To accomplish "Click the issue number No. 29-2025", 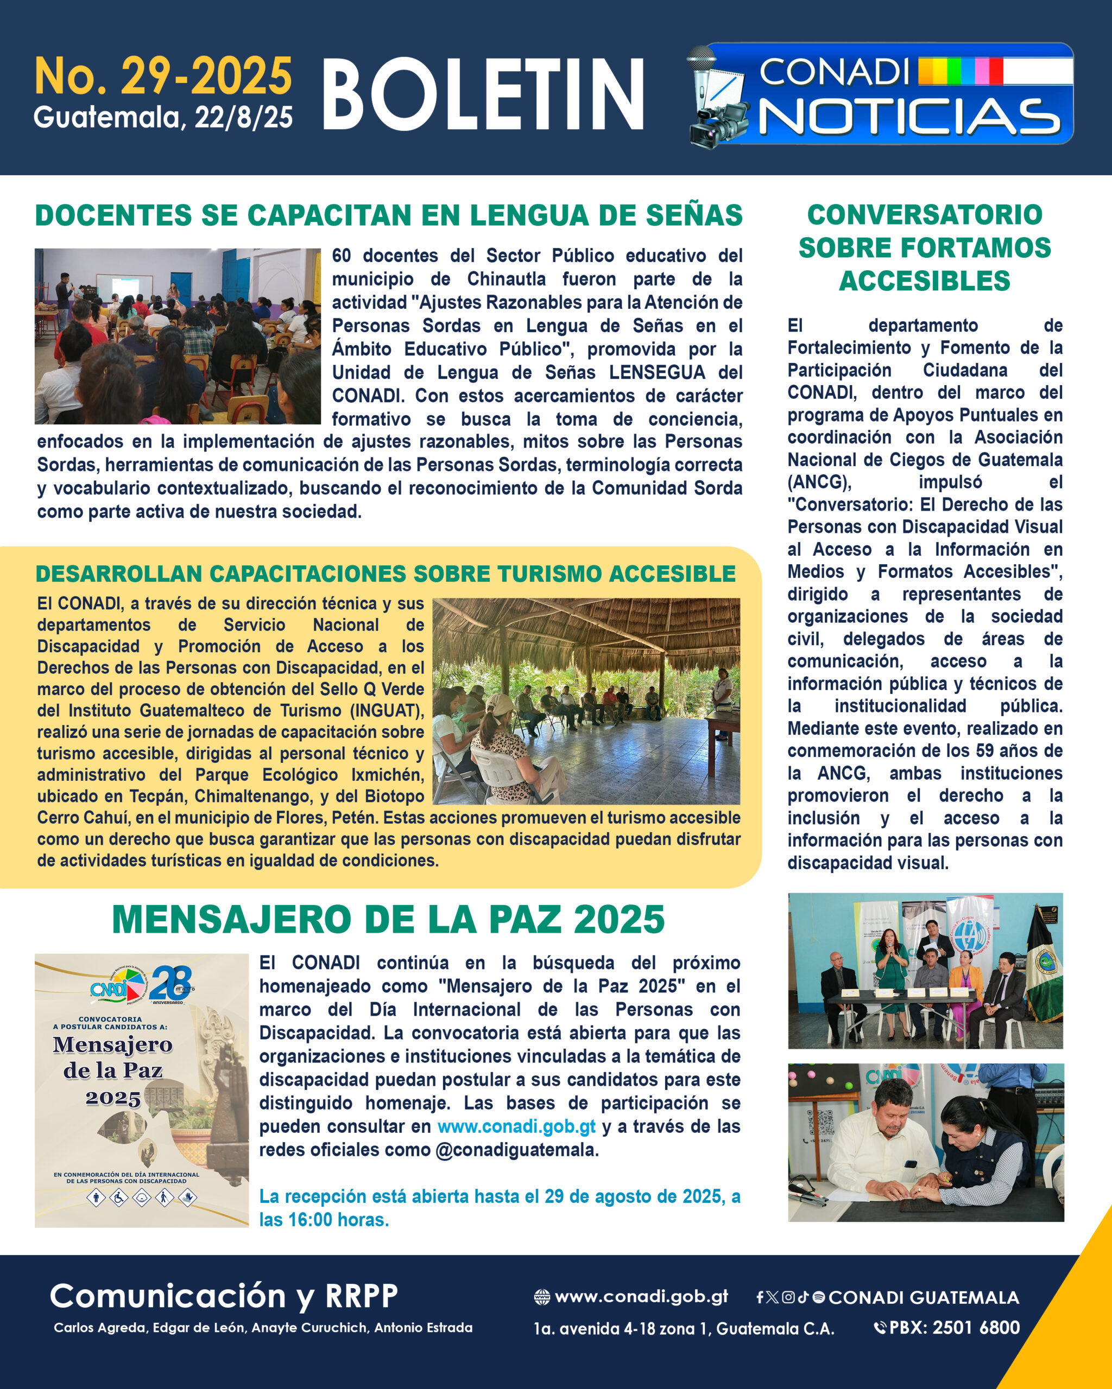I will point(163,76).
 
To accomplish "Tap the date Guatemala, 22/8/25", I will point(163,117).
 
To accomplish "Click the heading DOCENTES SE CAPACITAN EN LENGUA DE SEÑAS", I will point(389,215).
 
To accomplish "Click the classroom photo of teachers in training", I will point(177,336).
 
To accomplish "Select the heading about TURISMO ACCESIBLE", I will point(386,574).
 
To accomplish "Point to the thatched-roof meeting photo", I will point(586,701).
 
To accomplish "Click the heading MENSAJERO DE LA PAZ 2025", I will point(388,919).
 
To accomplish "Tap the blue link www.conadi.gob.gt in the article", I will point(516,1126).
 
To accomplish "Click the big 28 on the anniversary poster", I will point(171,983).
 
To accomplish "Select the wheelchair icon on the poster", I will point(119,1197).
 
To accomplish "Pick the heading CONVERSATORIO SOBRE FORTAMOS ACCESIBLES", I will point(925,247).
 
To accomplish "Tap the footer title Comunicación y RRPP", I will point(224,1296).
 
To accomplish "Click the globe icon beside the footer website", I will point(542,1297).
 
